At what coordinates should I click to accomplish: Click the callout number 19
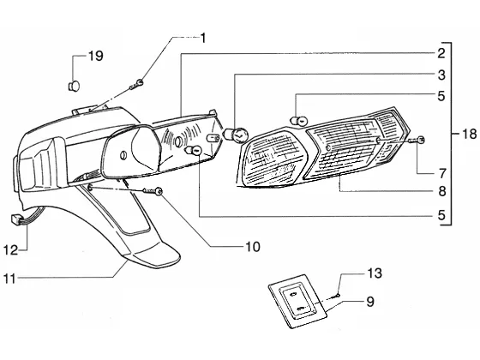click(96, 56)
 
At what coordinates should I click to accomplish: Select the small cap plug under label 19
click(74, 86)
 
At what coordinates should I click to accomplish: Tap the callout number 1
click(202, 39)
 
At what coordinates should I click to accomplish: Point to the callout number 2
click(441, 53)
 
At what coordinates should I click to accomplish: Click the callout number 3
click(441, 75)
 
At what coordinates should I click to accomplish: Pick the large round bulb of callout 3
click(237, 135)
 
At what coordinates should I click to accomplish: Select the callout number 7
click(441, 173)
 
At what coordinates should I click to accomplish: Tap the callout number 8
click(441, 191)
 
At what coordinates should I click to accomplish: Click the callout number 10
click(253, 247)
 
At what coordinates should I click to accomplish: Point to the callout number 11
click(9, 279)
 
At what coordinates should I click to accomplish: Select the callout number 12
click(10, 250)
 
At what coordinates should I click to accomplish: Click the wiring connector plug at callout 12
click(15, 219)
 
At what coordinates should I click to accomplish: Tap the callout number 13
click(375, 273)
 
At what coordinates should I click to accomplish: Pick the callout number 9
click(370, 302)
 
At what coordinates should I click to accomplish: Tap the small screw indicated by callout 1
click(136, 85)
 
